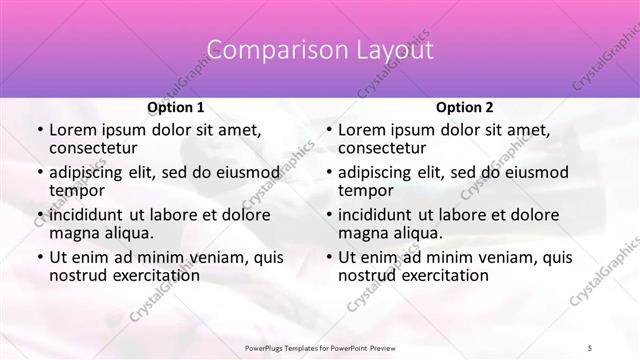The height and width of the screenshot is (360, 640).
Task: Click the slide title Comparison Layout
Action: click(x=319, y=50)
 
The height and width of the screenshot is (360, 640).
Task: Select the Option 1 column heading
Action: click(x=175, y=107)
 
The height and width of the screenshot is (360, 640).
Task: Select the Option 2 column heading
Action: click(x=464, y=107)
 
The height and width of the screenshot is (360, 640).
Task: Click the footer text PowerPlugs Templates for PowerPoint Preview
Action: click(x=319, y=345)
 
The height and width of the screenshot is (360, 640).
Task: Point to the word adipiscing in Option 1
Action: click(x=88, y=172)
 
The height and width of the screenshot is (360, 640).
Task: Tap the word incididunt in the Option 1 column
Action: click(x=89, y=215)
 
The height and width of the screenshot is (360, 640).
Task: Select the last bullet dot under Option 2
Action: click(x=328, y=258)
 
